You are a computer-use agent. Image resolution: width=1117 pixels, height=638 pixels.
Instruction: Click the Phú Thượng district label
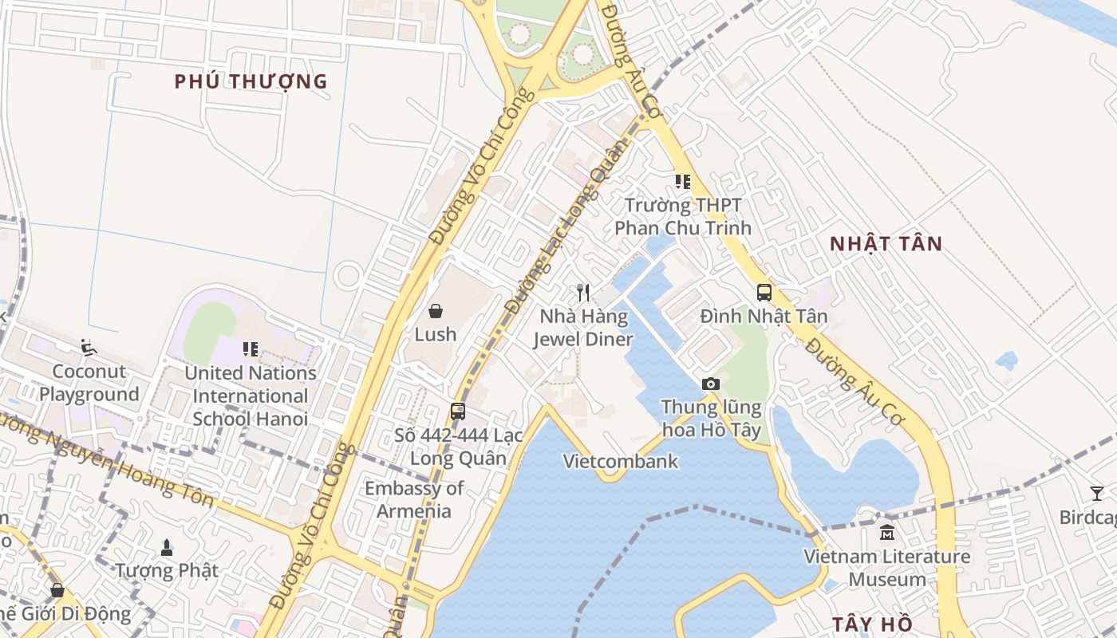point(251,81)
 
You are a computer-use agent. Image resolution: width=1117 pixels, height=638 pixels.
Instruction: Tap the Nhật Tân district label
point(886,244)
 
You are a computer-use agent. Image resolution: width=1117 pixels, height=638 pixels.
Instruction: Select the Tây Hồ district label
point(872,624)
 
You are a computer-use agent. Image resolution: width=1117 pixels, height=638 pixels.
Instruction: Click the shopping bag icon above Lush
point(436,311)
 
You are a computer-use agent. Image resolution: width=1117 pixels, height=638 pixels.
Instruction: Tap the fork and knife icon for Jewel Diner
point(583,293)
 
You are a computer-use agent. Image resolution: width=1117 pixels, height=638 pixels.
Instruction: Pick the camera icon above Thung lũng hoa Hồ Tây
point(711,384)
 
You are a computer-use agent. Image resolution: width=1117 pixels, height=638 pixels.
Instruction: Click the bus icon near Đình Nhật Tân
point(764,293)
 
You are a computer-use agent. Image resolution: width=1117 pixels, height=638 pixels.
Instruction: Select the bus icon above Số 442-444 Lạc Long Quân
point(458,412)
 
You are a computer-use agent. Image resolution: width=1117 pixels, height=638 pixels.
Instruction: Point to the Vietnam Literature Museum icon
point(887,533)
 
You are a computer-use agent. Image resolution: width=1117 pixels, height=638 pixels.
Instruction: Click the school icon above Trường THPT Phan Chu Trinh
point(682,182)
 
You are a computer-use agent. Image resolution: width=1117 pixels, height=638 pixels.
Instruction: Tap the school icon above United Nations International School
point(251,349)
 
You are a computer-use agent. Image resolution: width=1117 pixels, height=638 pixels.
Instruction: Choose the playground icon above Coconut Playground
point(89,348)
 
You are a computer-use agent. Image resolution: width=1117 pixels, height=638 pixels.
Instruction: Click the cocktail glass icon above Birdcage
point(1097,494)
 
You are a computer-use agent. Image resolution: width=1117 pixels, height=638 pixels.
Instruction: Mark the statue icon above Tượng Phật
point(167,547)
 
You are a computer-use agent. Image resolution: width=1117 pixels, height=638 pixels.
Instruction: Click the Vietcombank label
point(621,461)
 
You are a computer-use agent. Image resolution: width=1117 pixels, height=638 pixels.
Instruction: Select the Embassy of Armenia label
point(414,499)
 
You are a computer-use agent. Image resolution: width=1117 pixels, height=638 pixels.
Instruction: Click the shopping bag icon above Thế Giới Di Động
point(57,590)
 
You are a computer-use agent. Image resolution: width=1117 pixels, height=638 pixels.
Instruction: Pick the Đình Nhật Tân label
point(764,317)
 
